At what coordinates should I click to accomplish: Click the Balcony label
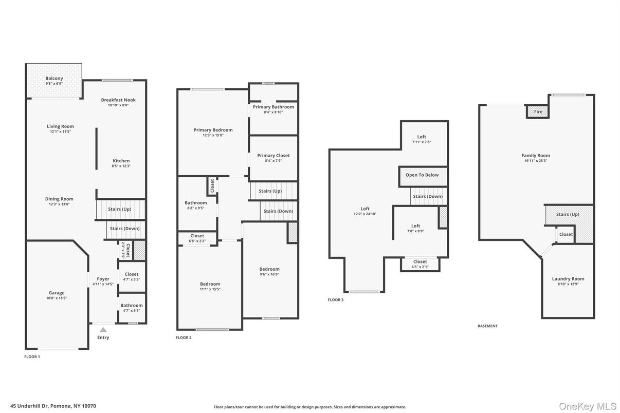coord(54,78)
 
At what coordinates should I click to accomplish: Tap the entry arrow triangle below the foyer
coord(103,329)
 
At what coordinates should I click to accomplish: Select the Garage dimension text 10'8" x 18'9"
coord(57,298)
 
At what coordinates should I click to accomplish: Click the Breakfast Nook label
coord(118,100)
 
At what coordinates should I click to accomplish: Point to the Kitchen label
coord(121,161)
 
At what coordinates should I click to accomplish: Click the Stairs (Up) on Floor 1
coord(120,210)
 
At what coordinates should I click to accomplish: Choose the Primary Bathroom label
coord(273,107)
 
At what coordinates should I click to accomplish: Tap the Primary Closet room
coord(273,158)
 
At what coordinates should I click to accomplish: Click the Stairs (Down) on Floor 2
coord(279,211)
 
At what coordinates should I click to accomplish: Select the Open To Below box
coord(423,176)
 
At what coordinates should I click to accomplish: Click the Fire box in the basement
coord(537,112)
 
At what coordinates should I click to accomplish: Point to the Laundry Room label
coord(568,279)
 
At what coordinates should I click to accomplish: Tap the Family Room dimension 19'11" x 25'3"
coord(536,161)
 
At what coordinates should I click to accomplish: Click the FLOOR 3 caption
coord(336,299)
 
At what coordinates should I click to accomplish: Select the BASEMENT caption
coord(487,326)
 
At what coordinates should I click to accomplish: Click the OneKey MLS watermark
coord(588,406)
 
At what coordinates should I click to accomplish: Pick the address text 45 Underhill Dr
coord(29,406)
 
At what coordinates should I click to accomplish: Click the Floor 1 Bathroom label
coord(132,306)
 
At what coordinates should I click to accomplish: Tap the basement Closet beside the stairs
coord(566,235)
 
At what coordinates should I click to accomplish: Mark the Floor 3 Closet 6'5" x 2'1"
coord(420,264)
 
